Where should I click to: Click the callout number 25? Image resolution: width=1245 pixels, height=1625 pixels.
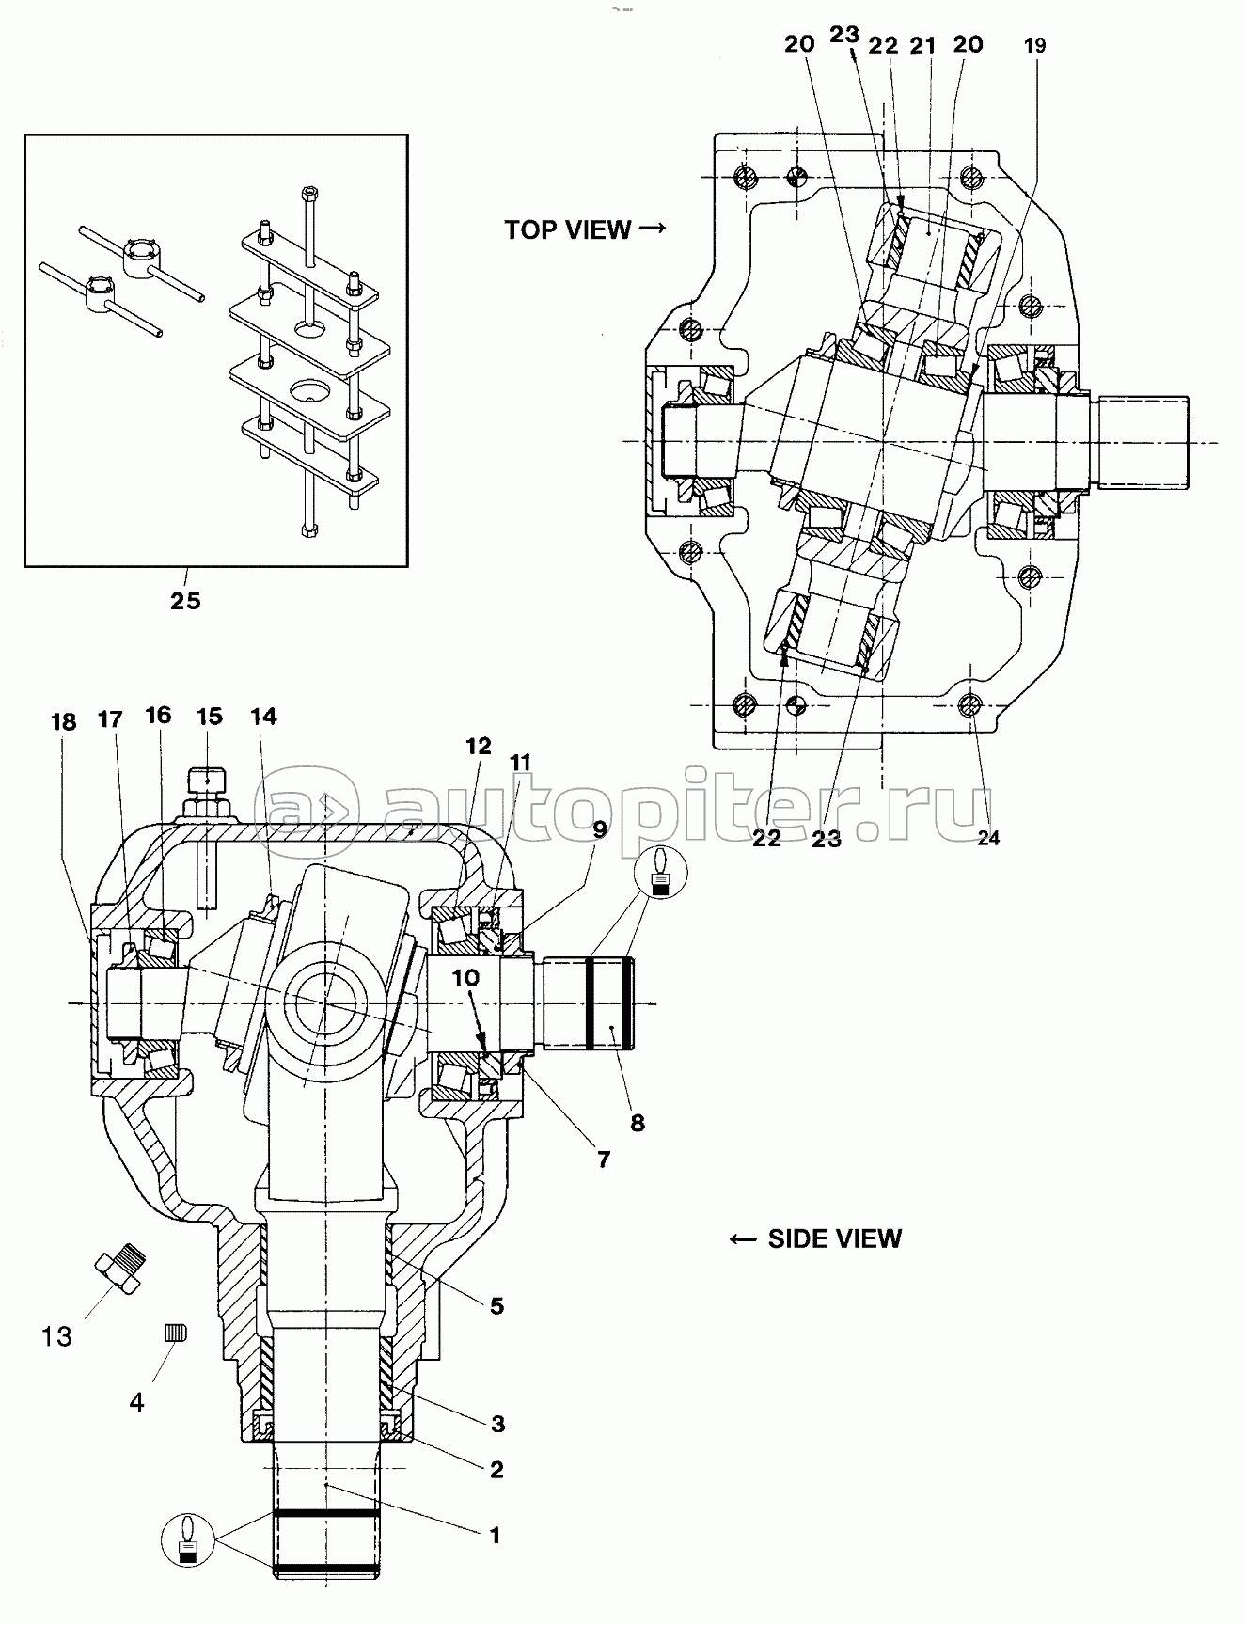click(185, 600)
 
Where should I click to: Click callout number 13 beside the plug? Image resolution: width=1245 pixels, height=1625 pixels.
click(56, 1335)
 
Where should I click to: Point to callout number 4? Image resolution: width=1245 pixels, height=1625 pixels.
click(136, 1402)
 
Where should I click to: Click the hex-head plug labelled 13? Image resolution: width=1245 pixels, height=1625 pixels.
click(122, 1270)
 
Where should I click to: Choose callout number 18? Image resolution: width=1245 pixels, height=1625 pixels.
click(63, 721)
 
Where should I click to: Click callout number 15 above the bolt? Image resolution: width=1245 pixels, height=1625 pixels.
click(210, 717)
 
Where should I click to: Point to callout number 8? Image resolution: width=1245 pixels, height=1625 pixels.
click(638, 1123)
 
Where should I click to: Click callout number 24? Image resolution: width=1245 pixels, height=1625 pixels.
click(988, 838)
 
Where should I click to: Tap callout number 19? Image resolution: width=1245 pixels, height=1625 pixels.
click(1034, 45)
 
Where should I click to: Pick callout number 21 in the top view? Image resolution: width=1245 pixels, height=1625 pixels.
click(923, 44)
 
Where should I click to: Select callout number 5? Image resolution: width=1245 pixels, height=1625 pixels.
click(496, 1305)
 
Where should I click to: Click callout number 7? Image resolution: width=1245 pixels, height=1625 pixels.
click(603, 1160)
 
